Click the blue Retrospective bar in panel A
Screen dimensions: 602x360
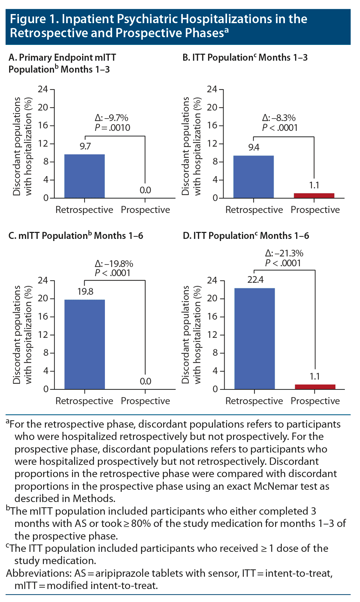(85, 176)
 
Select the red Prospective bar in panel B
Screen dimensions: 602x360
(314, 196)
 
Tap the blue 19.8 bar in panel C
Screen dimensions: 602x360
(85, 344)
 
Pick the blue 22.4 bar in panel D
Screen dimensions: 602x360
(254, 339)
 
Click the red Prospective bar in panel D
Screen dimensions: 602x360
(315, 387)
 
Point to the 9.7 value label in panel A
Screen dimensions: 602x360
(85, 146)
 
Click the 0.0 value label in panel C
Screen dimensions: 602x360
(145, 381)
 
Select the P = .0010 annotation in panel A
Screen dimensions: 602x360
(112, 128)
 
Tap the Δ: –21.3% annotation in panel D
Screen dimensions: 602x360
(284, 253)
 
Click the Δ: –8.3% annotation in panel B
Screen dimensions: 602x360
(279, 118)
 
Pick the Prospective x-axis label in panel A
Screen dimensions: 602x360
(145, 210)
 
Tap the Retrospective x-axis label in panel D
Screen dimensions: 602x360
(254, 401)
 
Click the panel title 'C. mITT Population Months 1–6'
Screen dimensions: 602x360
(75, 236)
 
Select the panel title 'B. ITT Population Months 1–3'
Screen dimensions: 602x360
(245, 58)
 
